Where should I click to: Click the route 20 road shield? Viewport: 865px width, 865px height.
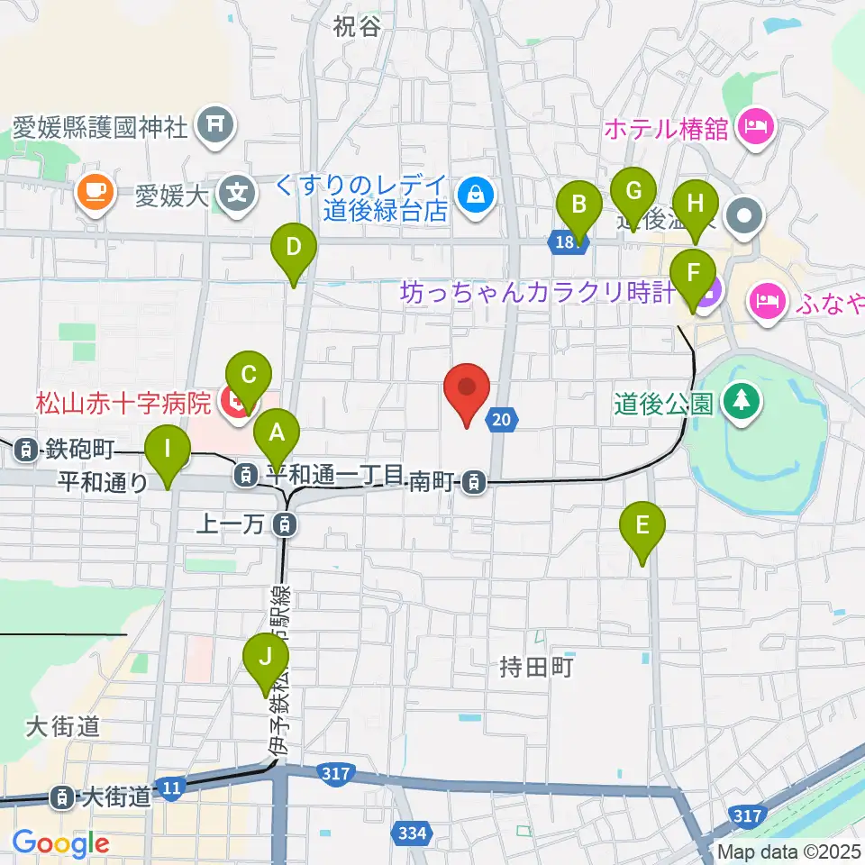[x=505, y=417]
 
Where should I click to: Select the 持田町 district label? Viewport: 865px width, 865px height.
[x=536, y=668]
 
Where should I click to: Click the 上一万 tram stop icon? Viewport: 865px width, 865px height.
[x=284, y=522]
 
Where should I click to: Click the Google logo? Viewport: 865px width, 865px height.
[x=60, y=844]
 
